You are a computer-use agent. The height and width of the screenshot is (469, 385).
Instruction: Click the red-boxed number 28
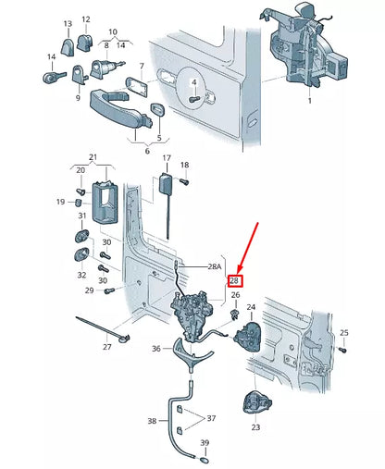click(x=234, y=281)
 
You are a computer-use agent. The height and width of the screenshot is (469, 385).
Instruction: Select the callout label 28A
click(x=215, y=266)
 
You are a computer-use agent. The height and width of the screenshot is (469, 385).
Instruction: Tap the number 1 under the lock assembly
click(x=309, y=101)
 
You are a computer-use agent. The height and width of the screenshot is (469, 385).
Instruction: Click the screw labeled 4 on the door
click(x=194, y=99)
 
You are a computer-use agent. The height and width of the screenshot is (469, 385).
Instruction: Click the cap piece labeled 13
click(x=67, y=47)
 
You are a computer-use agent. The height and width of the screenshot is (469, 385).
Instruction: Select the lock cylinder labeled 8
click(x=105, y=68)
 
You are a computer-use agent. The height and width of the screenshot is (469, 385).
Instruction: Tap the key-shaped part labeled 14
click(x=53, y=77)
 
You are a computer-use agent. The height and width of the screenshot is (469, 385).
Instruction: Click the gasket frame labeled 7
click(x=137, y=87)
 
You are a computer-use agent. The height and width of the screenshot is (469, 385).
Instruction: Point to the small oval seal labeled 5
click(x=157, y=110)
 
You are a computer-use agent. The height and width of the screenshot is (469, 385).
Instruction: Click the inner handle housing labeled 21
click(x=106, y=203)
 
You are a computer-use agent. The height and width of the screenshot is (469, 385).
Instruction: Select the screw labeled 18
click(x=184, y=181)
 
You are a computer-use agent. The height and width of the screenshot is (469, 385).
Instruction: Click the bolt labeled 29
click(x=109, y=290)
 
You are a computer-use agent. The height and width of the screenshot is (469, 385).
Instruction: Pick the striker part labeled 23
click(x=257, y=402)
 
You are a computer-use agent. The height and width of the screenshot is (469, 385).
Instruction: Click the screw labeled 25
click(x=342, y=350)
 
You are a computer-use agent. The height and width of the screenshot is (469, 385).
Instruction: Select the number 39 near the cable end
click(x=205, y=442)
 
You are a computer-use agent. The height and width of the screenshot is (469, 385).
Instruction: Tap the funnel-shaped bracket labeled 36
click(x=192, y=353)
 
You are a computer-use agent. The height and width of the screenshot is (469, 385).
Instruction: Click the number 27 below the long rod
click(x=107, y=347)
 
